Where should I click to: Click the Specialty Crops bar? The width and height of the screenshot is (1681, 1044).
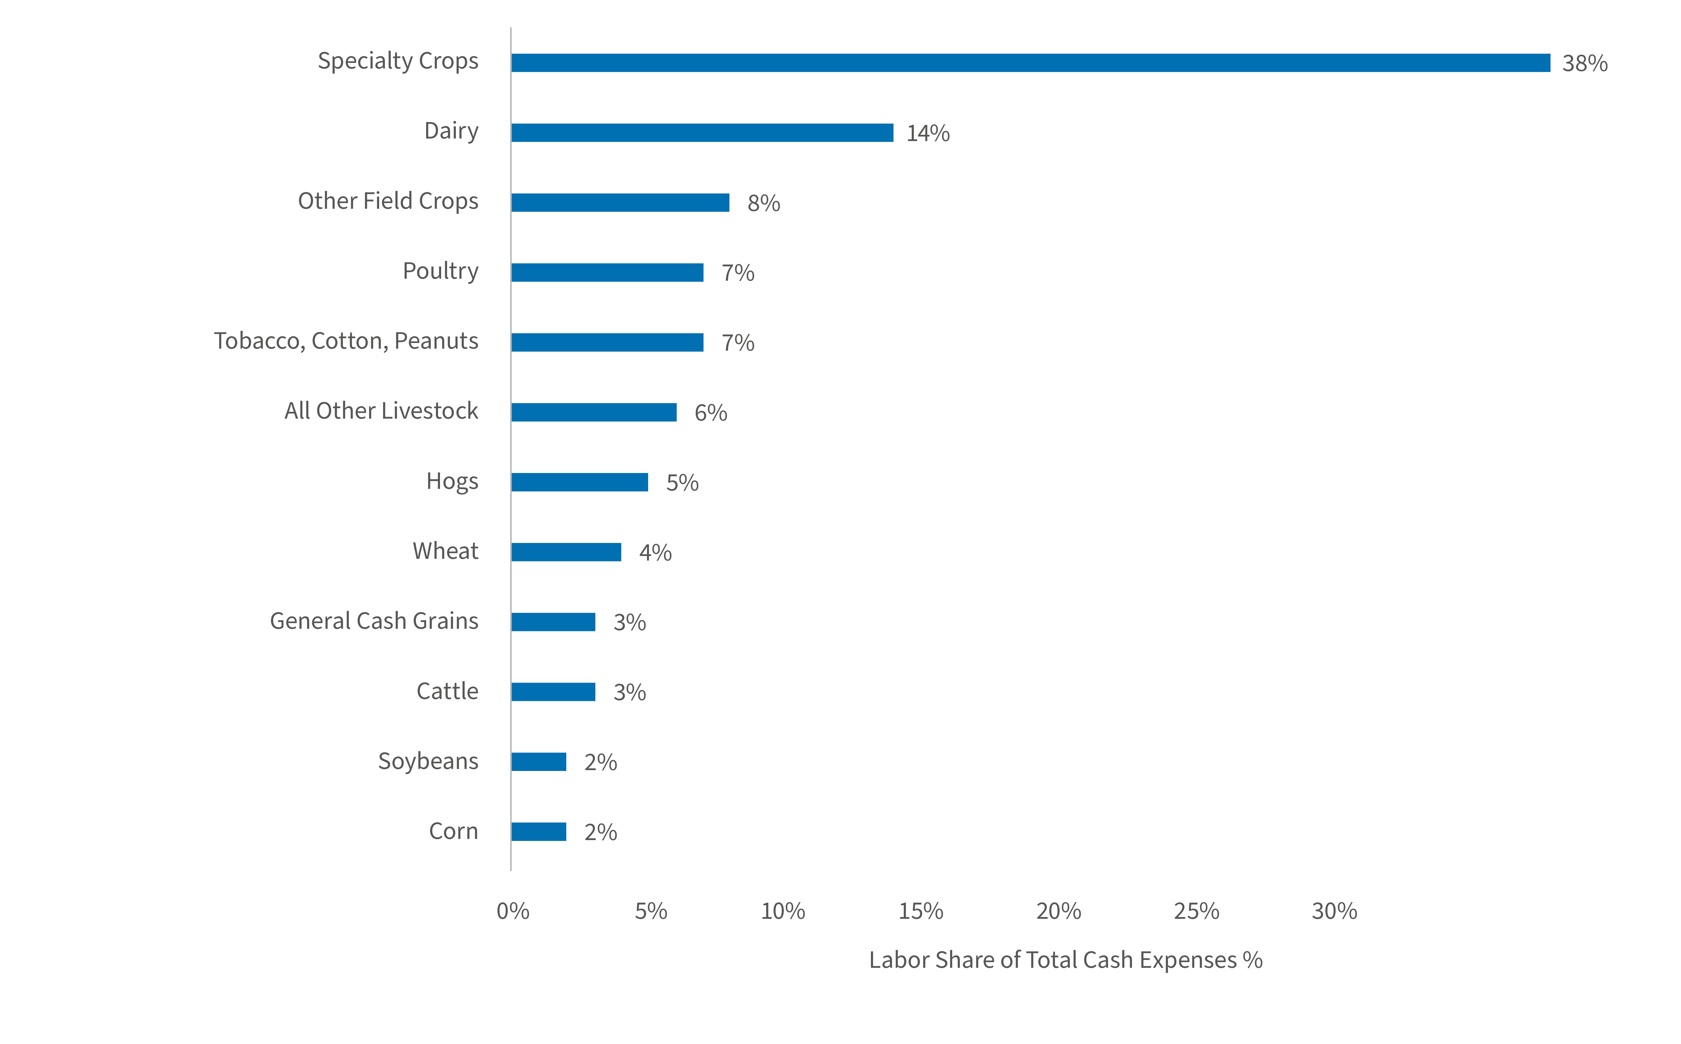1030,63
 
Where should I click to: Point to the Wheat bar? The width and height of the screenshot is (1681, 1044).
566,552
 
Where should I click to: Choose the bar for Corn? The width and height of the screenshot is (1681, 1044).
538,831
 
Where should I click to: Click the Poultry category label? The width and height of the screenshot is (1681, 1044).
440,271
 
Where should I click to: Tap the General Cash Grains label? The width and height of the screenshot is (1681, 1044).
374,621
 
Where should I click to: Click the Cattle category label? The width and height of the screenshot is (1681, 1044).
447,691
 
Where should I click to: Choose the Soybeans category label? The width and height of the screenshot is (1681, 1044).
428,761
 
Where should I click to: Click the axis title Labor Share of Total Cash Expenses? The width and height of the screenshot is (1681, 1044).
1065,960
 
